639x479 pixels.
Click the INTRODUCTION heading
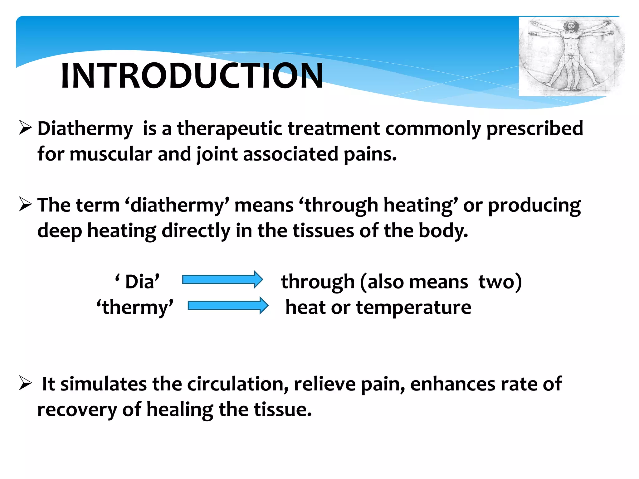tap(192, 76)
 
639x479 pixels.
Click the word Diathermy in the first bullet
tap(85, 128)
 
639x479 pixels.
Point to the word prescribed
tap(534, 128)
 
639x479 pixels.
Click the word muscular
tap(110, 154)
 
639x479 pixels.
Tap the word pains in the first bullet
tap(370, 154)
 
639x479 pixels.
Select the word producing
tap(534, 206)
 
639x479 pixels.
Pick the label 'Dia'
tap(138, 282)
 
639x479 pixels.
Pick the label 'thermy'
tap(135, 307)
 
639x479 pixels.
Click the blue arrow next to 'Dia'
tap(222, 279)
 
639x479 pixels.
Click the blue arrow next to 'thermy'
tap(228, 306)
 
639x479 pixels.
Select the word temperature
tap(413, 307)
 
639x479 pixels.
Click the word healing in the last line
tap(180, 409)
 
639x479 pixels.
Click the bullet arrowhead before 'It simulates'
tap(25, 383)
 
